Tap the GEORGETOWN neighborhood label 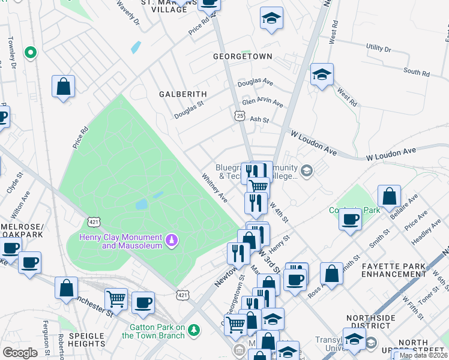pyautogui.click(x=243, y=56)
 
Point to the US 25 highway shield pyautogui.click(x=240, y=115)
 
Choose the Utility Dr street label pyautogui.click(x=378, y=48)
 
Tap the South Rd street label pyautogui.click(x=417, y=72)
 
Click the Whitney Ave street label pyautogui.click(x=214, y=188)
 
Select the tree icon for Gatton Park pyautogui.click(x=193, y=330)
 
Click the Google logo pyautogui.click(x=20, y=353)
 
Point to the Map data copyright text pyautogui.click(x=423, y=355)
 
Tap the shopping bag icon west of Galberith pyautogui.click(x=63, y=87)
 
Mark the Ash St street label pyautogui.click(x=259, y=120)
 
